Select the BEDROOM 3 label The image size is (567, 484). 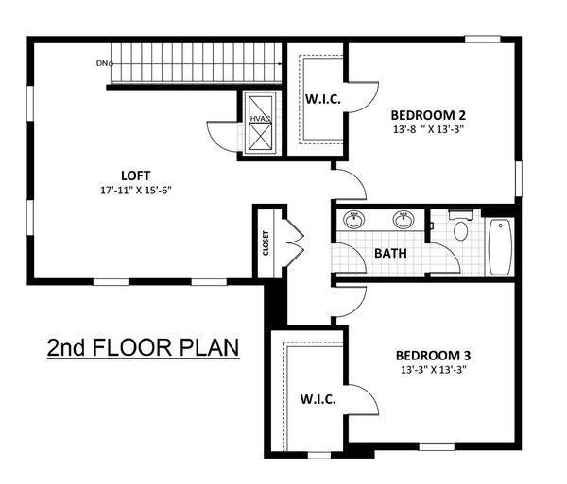pos(431,355)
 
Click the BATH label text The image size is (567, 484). pos(391,253)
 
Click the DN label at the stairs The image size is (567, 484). pos(101,63)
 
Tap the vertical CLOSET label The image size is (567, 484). pos(266,243)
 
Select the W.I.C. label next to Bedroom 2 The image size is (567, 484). pos(322,99)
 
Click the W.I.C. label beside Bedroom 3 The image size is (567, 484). pos(318,399)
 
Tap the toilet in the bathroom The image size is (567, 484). pos(460,228)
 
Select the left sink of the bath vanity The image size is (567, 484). pos(355,221)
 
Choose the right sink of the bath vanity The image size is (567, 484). pos(404,221)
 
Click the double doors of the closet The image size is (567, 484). pos(292,242)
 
